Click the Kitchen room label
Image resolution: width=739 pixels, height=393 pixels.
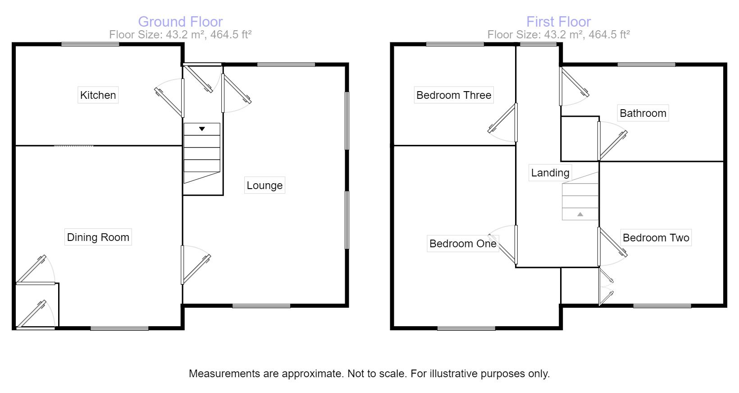click(98, 95)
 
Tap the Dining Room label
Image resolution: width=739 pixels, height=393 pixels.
click(98, 237)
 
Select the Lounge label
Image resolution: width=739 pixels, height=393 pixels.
click(265, 185)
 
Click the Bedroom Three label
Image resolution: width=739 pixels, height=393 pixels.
click(453, 95)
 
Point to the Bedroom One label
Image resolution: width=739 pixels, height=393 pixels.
click(463, 244)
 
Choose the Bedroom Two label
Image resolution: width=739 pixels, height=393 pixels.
click(656, 238)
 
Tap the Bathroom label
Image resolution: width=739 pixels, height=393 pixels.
click(643, 113)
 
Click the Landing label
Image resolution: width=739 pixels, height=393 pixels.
click(550, 173)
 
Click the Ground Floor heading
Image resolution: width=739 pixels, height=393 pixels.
click(180, 22)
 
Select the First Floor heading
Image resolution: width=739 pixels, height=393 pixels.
click(558, 22)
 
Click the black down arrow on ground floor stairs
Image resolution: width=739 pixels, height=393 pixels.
click(202, 129)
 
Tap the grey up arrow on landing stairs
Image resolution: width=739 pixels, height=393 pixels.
click(580, 214)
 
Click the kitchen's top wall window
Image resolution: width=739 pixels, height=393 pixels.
click(90, 44)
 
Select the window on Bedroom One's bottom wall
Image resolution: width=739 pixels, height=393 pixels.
click(466, 328)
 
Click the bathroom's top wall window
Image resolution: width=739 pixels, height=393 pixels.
click(646, 65)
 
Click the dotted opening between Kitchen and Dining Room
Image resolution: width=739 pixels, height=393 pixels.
click(74, 146)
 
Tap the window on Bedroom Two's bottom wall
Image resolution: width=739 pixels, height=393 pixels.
click(662, 306)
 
